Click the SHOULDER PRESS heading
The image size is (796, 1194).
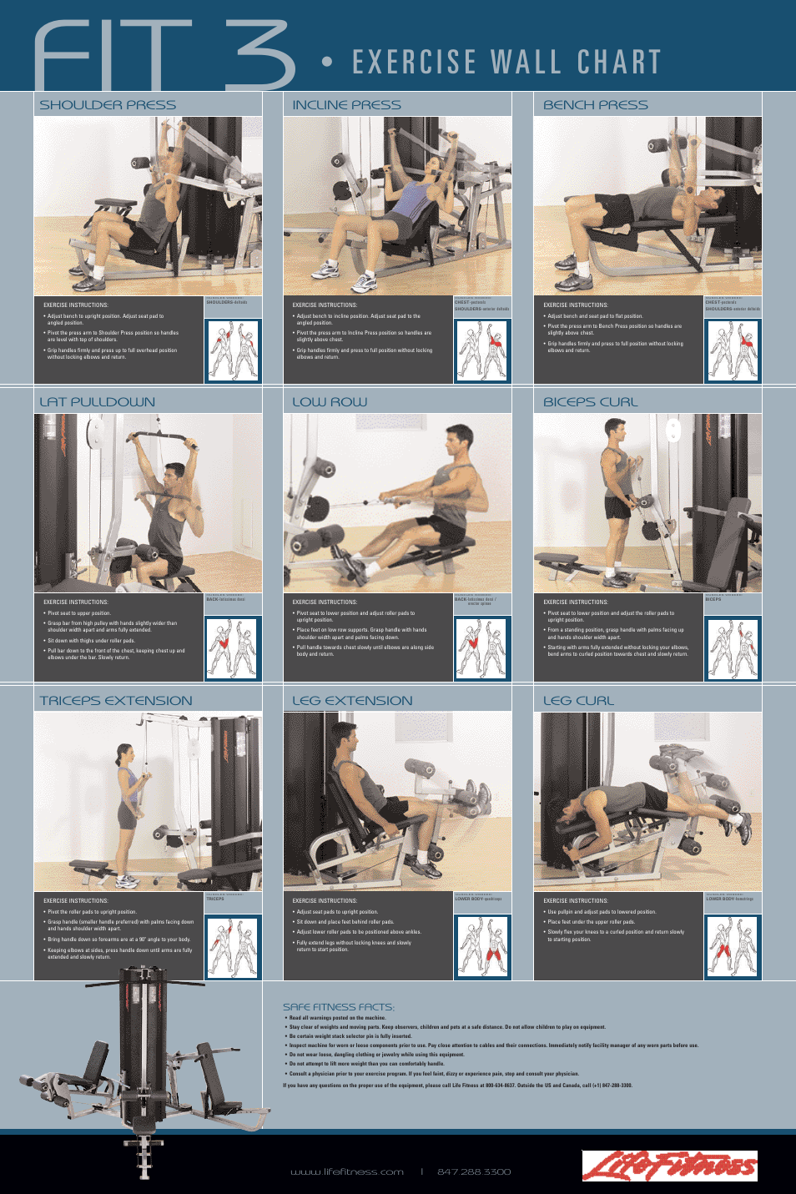(108, 105)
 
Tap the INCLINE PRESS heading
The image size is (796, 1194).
(346, 105)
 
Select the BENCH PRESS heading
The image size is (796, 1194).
(595, 105)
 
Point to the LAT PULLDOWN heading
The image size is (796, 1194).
(97, 402)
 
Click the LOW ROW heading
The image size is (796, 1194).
(330, 402)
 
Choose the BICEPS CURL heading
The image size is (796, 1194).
(590, 402)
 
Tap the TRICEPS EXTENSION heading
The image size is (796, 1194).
(116, 701)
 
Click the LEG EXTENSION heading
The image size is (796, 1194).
(352, 701)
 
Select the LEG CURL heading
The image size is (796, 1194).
(578, 701)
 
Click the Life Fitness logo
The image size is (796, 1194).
(669, 1166)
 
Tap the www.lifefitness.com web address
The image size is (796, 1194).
(346, 1172)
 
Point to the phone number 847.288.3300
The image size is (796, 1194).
(473, 1172)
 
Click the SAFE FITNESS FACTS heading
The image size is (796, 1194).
(338, 1007)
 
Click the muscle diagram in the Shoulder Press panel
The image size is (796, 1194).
(233, 350)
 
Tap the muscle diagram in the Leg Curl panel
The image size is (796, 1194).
(732, 947)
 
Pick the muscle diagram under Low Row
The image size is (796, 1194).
(481, 648)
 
